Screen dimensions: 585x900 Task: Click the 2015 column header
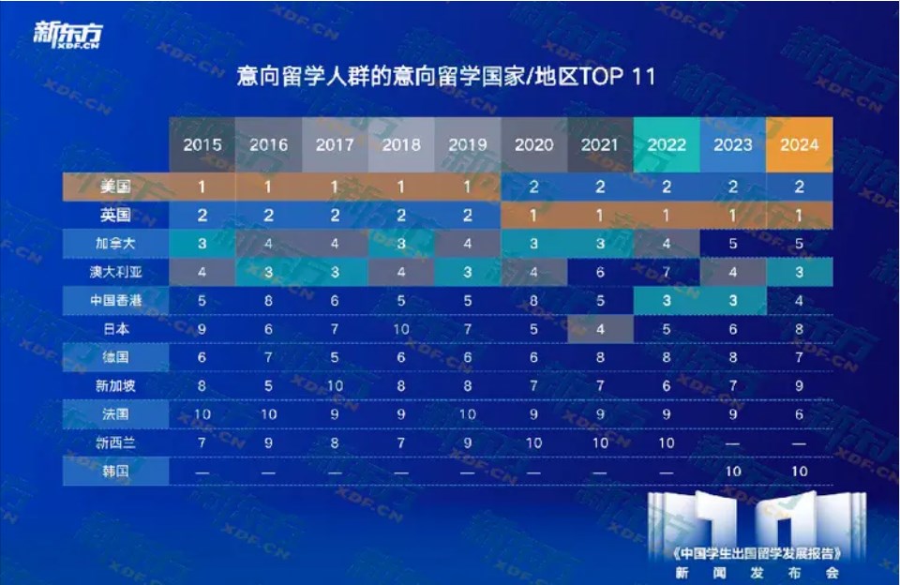[x=202, y=144]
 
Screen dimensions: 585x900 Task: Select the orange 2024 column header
[x=799, y=144]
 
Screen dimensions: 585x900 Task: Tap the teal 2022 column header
[x=667, y=144]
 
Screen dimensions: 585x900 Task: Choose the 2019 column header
[x=468, y=144]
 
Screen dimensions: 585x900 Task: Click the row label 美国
[x=115, y=187]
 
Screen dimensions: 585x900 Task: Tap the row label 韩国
[x=115, y=471]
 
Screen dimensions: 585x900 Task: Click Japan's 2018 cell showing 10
[x=401, y=330]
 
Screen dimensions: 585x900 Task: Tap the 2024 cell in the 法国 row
[x=799, y=414]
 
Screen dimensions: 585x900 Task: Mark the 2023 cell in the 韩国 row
[x=733, y=471]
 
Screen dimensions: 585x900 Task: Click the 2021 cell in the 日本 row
[x=600, y=330]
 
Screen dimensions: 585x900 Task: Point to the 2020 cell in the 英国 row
[x=533, y=216]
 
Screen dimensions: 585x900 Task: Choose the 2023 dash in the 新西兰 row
[x=733, y=442]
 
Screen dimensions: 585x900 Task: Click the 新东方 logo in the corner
[x=67, y=34]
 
